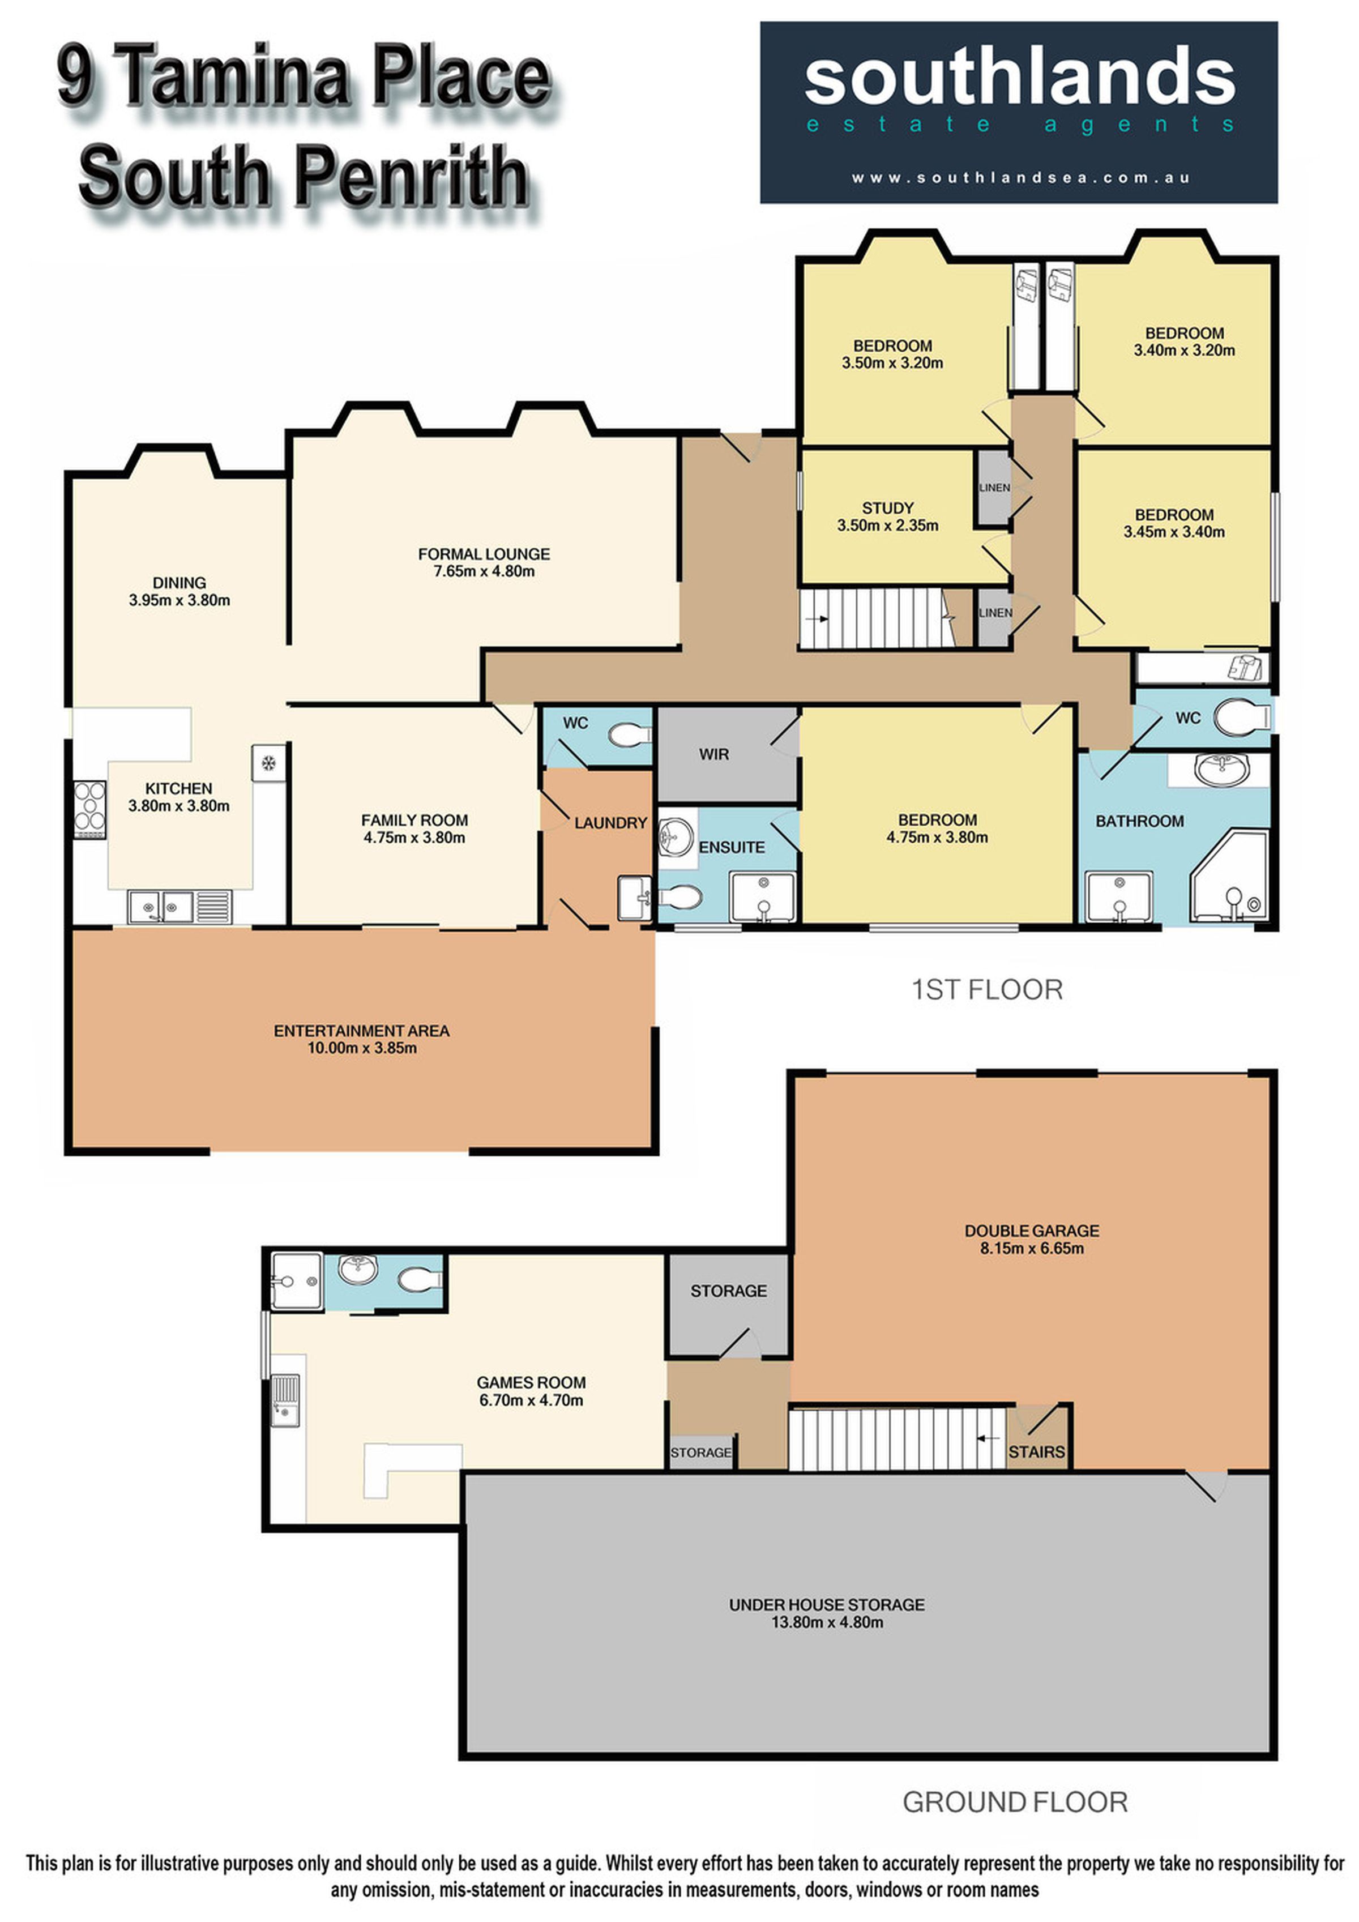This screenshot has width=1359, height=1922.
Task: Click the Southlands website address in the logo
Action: (x=1020, y=177)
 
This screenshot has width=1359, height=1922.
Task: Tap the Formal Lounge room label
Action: (x=484, y=554)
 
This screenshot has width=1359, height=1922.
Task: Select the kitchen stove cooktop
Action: (x=89, y=809)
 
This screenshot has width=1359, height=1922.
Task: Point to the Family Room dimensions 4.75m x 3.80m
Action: (x=414, y=837)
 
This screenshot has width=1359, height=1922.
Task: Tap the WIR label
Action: (x=714, y=754)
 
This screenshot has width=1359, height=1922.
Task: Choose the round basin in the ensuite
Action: (x=676, y=834)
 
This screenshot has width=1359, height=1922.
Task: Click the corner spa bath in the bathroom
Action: (x=1229, y=877)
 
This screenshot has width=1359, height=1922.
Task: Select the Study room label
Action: (x=888, y=508)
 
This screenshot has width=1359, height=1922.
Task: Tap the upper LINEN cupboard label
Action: (x=994, y=487)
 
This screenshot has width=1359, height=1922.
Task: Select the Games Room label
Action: (x=531, y=1383)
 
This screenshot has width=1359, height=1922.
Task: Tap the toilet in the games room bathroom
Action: (x=419, y=1279)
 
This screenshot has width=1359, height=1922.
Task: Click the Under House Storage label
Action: (x=827, y=1605)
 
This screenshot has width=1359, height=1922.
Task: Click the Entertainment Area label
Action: (x=361, y=1031)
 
